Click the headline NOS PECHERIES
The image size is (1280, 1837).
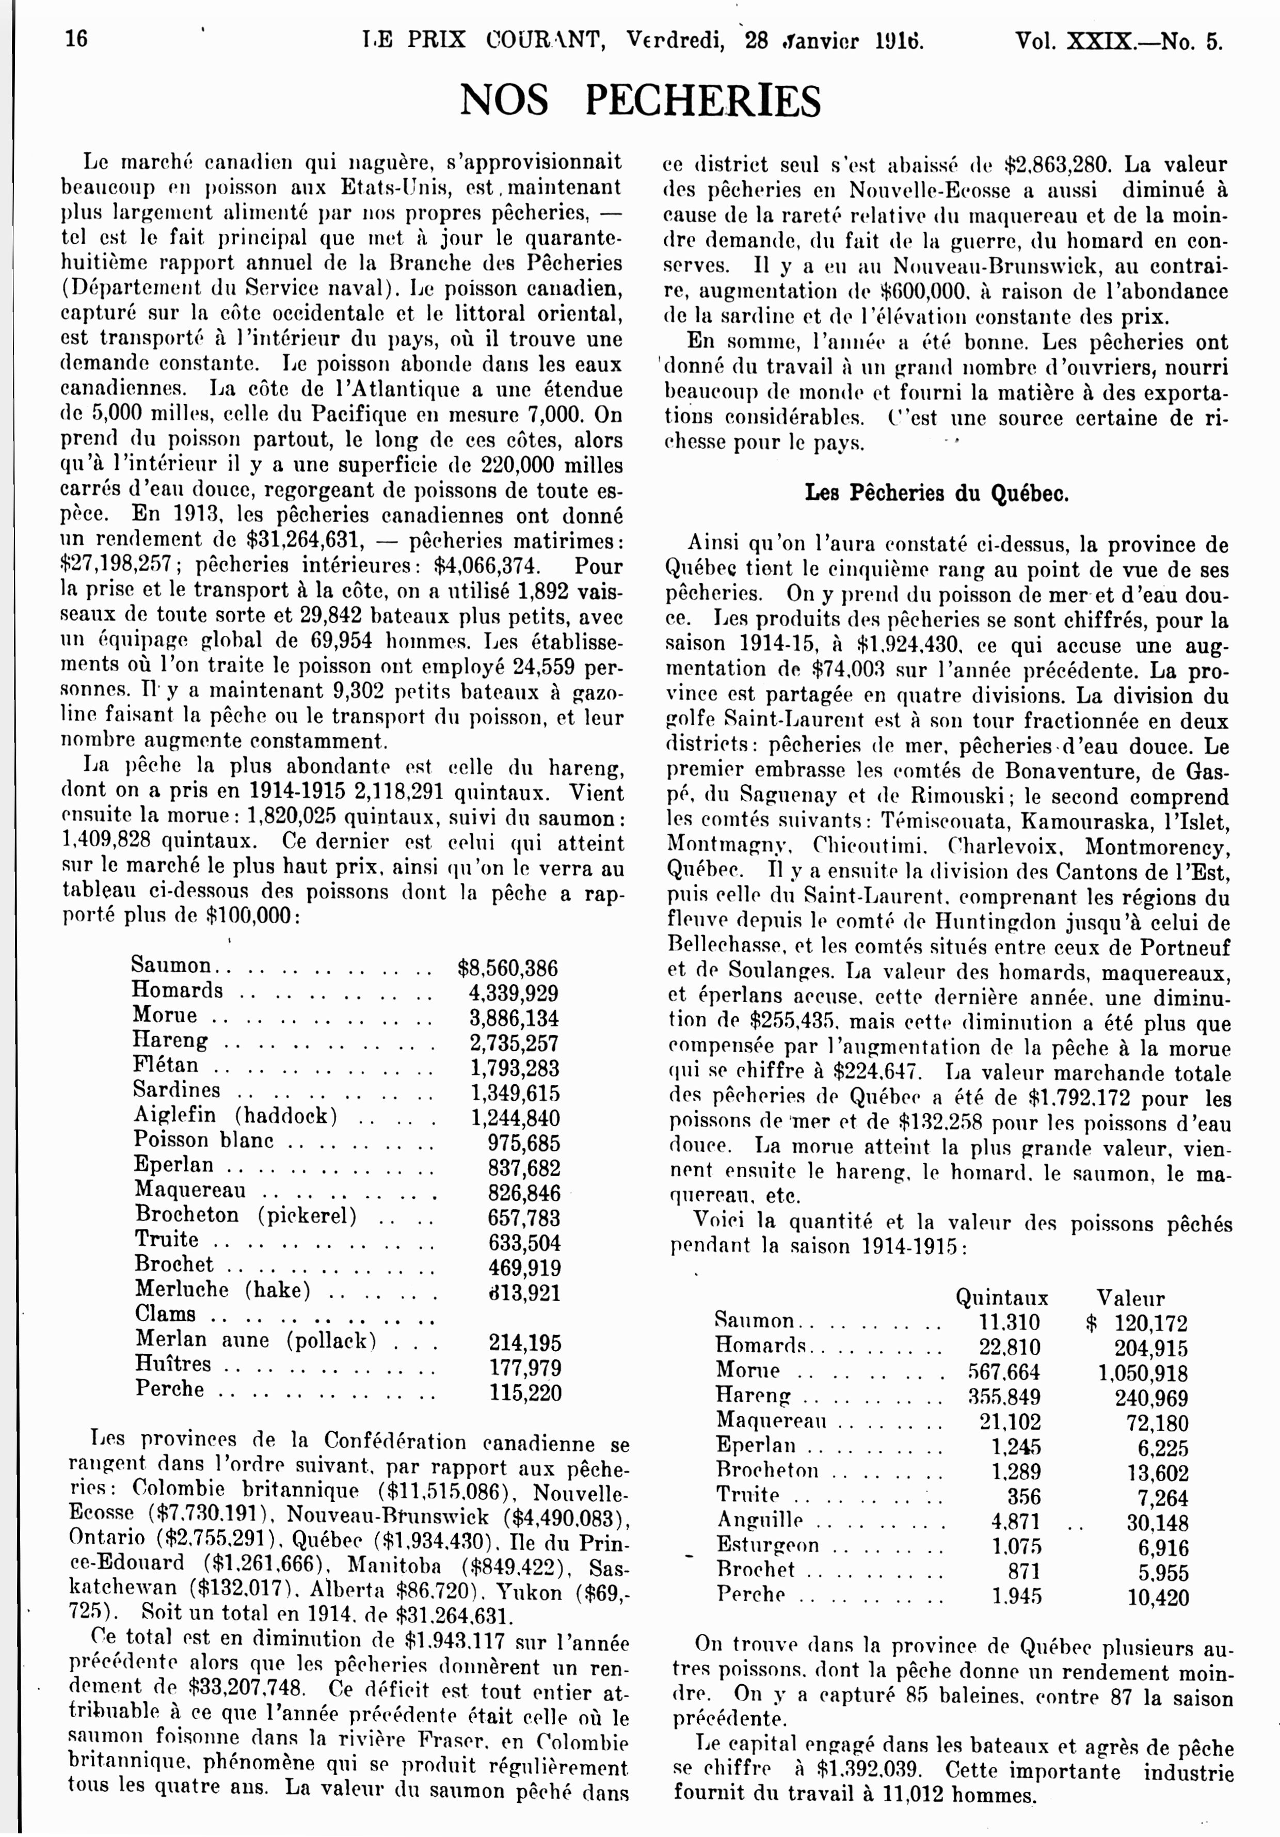click(x=640, y=101)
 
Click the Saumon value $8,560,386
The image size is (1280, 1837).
click(x=507, y=968)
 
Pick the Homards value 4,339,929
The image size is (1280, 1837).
click(x=513, y=994)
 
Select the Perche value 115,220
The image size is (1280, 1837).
click(x=525, y=1392)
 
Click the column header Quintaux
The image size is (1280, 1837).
click(x=1002, y=1298)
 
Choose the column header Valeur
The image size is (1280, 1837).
click(x=1130, y=1298)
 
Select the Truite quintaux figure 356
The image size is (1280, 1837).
click(x=1024, y=1496)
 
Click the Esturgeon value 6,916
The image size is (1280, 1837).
click(x=1162, y=1546)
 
